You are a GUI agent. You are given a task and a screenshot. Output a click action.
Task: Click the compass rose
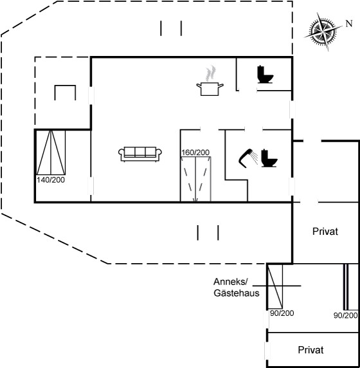[x=323, y=32]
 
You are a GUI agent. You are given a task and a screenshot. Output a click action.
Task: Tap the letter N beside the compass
[x=349, y=23]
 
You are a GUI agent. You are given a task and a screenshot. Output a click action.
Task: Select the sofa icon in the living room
[x=140, y=154]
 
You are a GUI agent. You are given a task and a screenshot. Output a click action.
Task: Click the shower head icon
[x=248, y=158]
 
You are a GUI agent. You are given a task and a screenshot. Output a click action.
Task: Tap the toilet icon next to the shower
[x=269, y=158]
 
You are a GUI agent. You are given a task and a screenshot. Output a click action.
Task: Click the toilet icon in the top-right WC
[x=265, y=75]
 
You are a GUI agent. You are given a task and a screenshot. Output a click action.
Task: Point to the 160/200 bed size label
[x=195, y=152]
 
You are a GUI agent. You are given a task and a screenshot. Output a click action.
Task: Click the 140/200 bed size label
[x=51, y=180]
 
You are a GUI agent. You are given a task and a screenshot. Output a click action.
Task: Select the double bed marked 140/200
[x=51, y=152]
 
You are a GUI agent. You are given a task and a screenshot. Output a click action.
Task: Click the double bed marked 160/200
[x=195, y=179]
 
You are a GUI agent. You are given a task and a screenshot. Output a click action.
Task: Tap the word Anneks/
[x=231, y=282]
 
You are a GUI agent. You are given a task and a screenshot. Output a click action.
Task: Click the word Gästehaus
[x=237, y=293]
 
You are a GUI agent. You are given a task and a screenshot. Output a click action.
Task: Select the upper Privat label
[x=325, y=232]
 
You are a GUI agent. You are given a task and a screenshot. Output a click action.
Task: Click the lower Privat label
[x=310, y=350]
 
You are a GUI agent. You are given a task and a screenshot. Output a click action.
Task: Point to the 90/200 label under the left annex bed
[x=282, y=313]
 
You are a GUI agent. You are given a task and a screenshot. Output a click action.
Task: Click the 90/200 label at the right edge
[x=345, y=315]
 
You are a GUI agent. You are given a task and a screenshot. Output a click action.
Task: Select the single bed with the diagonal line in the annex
[x=275, y=286]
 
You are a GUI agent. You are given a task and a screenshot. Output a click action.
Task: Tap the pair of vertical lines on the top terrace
[x=171, y=28]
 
